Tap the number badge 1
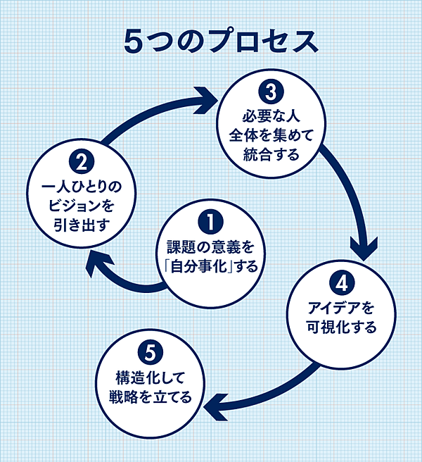[207, 223]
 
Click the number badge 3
[269, 92]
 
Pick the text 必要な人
[269, 116]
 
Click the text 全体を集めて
[269, 135]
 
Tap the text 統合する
[269, 153]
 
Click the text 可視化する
[341, 327]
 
